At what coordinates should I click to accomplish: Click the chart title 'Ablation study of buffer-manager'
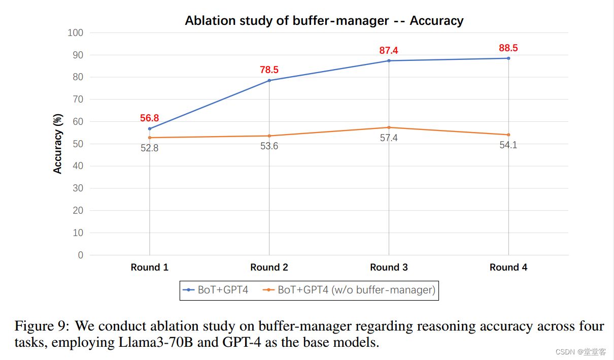[324, 21]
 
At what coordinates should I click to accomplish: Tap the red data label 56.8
[150, 118]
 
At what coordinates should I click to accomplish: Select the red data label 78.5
[269, 70]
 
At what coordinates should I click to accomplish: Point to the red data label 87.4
[389, 50]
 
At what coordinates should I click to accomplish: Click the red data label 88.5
[508, 48]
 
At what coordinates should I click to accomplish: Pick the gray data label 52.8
[150, 149]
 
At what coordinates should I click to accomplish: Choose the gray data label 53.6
[269, 146]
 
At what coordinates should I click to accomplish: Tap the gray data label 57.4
[389, 138]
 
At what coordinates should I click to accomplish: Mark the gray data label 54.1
[508, 145]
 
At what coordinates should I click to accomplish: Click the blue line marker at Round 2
[269, 80]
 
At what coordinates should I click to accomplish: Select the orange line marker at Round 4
[508, 135]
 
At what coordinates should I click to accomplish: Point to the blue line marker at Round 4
[508, 58]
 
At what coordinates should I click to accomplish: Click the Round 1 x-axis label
[150, 268]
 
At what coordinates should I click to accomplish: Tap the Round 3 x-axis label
[389, 268]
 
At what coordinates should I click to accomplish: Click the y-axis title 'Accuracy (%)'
[58, 144]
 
